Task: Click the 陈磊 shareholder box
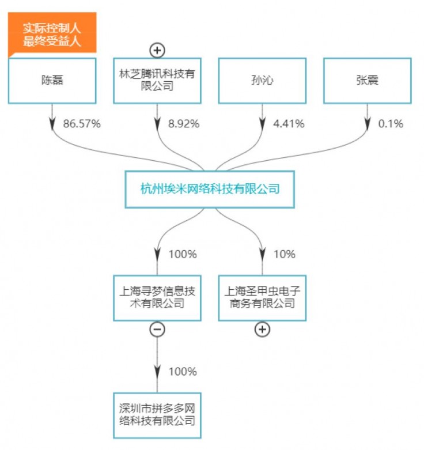pos(52,81)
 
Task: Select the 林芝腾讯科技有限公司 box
pos(157,81)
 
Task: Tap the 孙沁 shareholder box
pos(263,81)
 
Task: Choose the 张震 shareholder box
pos(368,81)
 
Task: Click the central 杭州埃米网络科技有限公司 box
pos(210,189)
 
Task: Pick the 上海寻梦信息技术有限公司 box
pos(157,297)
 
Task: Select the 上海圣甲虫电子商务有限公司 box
pos(263,297)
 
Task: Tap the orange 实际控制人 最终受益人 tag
pos(52,35)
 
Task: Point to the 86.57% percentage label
pos(81,124)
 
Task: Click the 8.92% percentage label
pos(184,124)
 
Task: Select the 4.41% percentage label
pos(289,124)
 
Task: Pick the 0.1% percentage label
pos(391,124)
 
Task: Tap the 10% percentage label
pos(284,254)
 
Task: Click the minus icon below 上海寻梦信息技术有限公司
pos(157,329)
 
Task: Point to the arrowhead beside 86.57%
pos(52,123)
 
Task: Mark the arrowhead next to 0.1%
pos(368,123)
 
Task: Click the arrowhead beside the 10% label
pos(263,254)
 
